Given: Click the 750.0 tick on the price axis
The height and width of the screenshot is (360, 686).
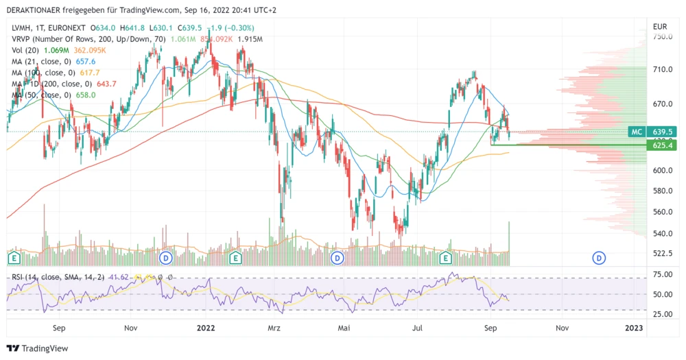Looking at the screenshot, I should click(x=662, y=36).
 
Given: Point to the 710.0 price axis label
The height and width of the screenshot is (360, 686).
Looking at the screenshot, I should click(x=662, y=70).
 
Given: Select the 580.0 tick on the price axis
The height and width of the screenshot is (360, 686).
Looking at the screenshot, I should click(x=662, y=191).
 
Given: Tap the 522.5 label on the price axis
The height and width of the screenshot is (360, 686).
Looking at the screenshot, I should click(x=662, y=254).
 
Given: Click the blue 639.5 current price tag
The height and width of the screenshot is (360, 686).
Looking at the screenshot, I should click(x=662, y=131).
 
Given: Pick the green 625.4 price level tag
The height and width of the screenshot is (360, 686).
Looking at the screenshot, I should click(x=662, y=145).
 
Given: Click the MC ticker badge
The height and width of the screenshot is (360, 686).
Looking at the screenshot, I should click(x=637, y=131).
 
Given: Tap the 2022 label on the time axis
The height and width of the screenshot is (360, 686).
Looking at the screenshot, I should click(x=206, y=328).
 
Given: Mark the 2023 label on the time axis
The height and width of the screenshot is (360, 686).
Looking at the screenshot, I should click(x=635, y=328).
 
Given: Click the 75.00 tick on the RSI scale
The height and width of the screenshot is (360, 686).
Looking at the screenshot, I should click(x=662, y=275).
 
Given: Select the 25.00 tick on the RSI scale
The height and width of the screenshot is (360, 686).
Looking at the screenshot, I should click(x=662, y=314).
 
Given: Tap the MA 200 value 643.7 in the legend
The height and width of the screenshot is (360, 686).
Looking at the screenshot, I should click(x=108, y=84).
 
